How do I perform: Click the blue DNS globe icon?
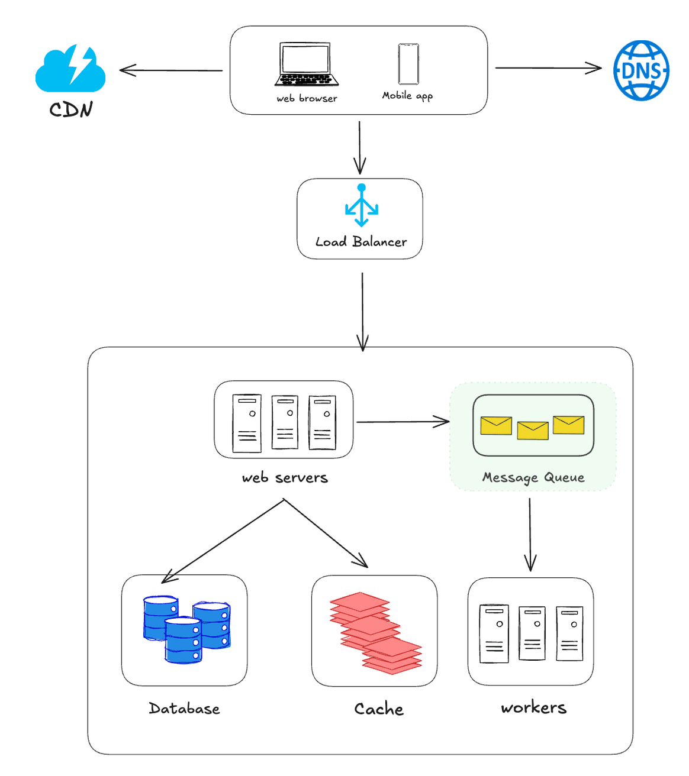pyautogui.click(x=641, y=70)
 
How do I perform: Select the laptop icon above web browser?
pyautogui.click(x=307, y=64)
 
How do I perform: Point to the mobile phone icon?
pyautogui.click(x=408, y=64)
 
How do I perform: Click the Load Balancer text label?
pyautogui.click(x=361, y=242)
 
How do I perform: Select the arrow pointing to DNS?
pyautogui.click(x=548, y=68)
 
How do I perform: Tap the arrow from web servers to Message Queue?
pyautogui.click(x=403, y=422)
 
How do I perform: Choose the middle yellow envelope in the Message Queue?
pyautogui.click(x=533, y=430)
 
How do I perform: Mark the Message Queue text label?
pyautogui.click(x=533, y=477)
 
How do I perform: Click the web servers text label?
pyautogui.click(x=285, y=478)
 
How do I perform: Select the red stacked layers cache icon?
pyautogui.click(x=375, y=632)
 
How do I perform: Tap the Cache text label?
pyautogui.click(x=379, y=709)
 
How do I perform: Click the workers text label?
pyautogui.click(x=534, y=707)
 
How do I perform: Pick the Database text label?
pyautogui.click(x=184, y=709)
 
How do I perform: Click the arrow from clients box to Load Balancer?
pyautogui.click(x=359, y=147)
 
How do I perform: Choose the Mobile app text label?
pyautogui.click(x=407, y=96)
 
